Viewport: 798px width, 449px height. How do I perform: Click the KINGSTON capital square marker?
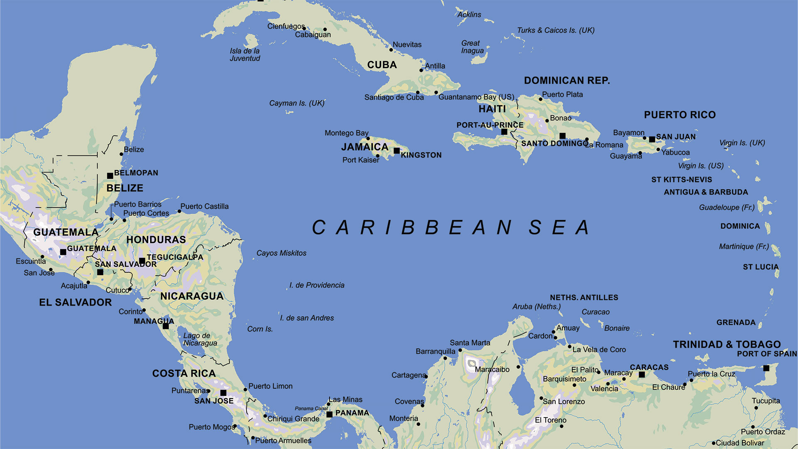tap(397, 150)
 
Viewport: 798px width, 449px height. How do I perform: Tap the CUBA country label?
tap(382, 65)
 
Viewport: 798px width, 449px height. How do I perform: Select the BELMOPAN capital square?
tap(110, 176)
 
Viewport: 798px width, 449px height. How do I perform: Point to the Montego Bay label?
tap(346, 133)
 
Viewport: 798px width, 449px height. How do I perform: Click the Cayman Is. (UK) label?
tap(296, 103)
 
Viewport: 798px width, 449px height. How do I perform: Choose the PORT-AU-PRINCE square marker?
tap(504, 132)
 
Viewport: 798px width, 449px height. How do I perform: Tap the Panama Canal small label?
tap(311, 408)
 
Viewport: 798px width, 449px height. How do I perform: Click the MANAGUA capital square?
tap(166, 326)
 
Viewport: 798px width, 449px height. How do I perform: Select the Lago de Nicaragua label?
tap(200, 339)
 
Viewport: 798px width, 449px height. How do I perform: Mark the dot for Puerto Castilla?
tap(180, 211)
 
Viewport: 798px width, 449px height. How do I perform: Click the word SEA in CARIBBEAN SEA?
tap(559, 227)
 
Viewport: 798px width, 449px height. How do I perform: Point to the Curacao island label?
tap(595, 312)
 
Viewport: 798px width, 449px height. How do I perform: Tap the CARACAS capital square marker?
tap(642, 375)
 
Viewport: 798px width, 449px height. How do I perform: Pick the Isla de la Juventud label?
tap(245, 54)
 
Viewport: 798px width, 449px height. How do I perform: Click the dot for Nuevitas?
tap(391, 50)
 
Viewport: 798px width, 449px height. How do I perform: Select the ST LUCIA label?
tap(761, 267)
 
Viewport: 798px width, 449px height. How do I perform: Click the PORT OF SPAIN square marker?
tap(766, 368)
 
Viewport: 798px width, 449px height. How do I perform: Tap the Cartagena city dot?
tap(426, 377)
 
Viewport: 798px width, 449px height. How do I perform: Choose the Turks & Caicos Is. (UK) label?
tap(556, 30)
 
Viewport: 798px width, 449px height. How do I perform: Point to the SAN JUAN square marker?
tap(652, 139)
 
